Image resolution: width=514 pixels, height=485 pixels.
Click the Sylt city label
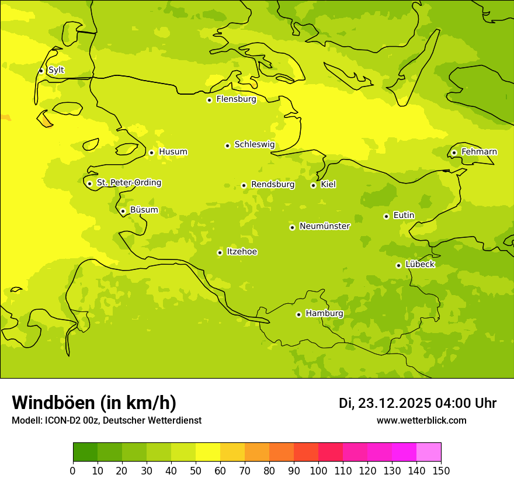(x=56, y=70)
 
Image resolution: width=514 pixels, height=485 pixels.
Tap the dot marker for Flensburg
(x=209, y=100)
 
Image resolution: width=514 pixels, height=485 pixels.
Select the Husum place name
(x=173, y=152)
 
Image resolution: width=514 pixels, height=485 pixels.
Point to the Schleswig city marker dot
(x=227, y=145)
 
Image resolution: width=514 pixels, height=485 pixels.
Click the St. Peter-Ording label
(x=128, y=183)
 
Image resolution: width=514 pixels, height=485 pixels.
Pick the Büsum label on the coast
(x=144, y=210)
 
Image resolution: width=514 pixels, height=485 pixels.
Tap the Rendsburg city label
(x=273, y=185)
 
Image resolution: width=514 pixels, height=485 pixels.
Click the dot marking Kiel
(x=313, y=185)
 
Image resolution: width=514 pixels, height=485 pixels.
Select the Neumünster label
(x=325, y=226)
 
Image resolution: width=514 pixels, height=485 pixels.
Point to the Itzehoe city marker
(x=220, y=252)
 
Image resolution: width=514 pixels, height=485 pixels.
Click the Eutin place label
(x=404, y=216)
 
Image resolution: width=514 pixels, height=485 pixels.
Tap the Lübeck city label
(x=419, y=265)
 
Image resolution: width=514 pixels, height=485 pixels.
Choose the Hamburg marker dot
(x=298, y=314)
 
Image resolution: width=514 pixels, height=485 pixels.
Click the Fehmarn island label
(x=479, y=152)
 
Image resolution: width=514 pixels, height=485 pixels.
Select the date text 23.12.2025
(x=394, y=403)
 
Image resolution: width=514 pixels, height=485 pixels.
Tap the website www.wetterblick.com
(x=421, y=421)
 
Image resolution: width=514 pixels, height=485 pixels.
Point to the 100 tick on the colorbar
(x=318, y=470)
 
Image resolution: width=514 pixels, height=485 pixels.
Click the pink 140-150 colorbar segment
(x=429, y=452)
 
